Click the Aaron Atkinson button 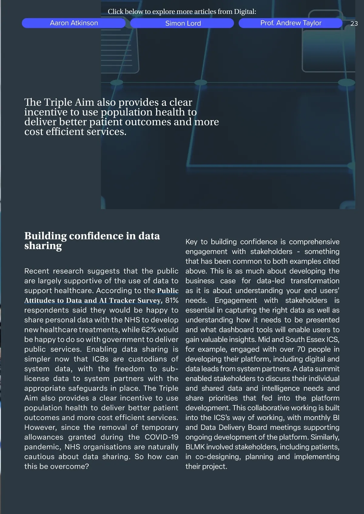tap(74, 23)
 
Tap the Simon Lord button tap(183, 23)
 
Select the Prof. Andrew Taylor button tap(291, 23)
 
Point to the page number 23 tap(354, 24)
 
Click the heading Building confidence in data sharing tap(92, 241)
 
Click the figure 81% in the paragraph tap(172, 300)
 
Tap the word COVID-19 tap(161, 437)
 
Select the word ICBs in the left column tap(100, 359)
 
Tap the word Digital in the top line tap(244, 12)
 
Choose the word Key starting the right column tap(191, 242)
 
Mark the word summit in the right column tap(328, 369)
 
